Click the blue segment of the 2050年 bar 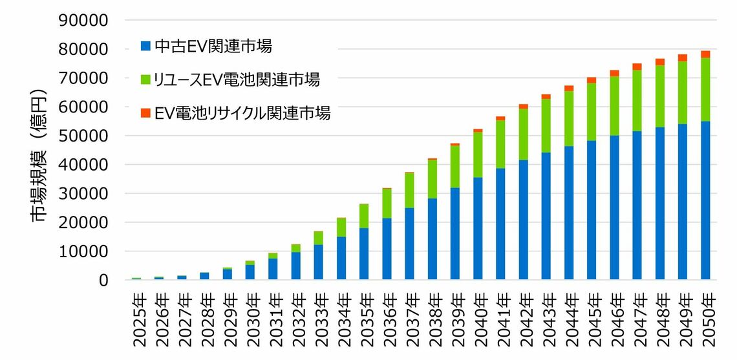705,200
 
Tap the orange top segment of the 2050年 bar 705,54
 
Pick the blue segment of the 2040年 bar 478,229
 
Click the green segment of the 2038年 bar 433,179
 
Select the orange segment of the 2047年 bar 637,67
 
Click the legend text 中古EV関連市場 213,46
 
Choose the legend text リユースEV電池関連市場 237,79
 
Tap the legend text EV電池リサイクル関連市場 243,113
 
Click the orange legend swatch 146,114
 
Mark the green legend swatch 146,80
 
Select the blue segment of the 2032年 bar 295,266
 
